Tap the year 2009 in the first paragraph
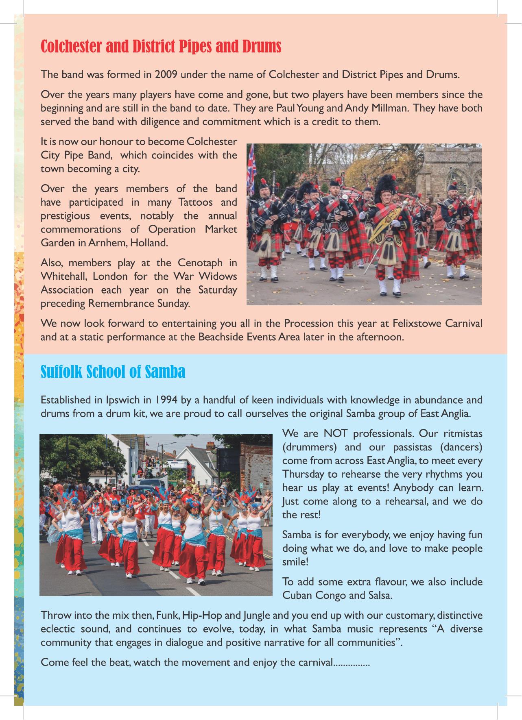(166, 75)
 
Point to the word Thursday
(303, 474)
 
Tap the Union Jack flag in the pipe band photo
(251, 169)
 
